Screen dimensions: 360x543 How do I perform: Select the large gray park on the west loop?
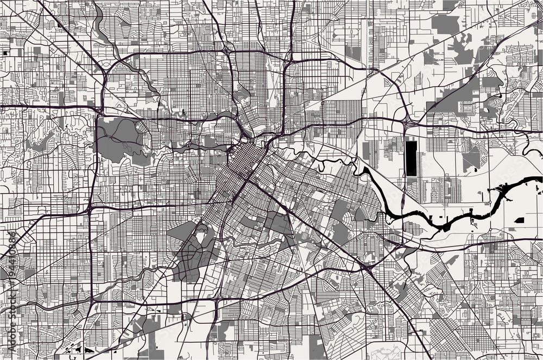point(117,138)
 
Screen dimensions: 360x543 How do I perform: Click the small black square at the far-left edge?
point(5,53)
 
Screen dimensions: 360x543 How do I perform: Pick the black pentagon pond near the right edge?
point(519,220)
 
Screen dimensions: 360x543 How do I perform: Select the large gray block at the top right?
point(446,23)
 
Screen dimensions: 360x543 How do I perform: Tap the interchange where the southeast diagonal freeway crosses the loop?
point(363,266)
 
